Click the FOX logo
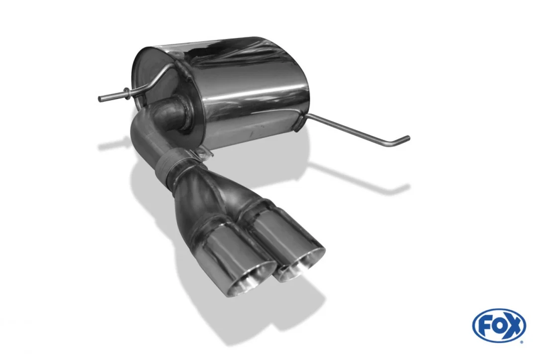coord(499,325)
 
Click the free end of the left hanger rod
coord(100,99)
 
